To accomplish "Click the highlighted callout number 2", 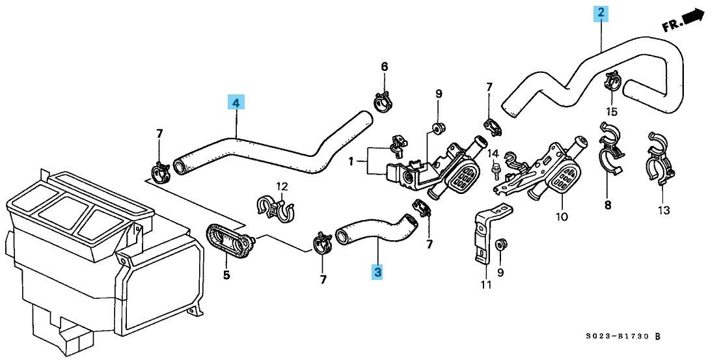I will click(x=601, y=12).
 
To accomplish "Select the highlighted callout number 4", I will click(x=236, y=102).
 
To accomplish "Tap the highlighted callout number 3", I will click(x=377, y=272).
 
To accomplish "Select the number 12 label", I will click(x=281, y=186).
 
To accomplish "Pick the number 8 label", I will click(x=607, y=205).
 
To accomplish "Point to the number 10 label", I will click(x=561, y=216).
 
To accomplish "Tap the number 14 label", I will click(x=493, y=154).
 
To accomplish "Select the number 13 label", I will click(x=663, y=210).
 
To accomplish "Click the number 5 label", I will click(x=226, y=275).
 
